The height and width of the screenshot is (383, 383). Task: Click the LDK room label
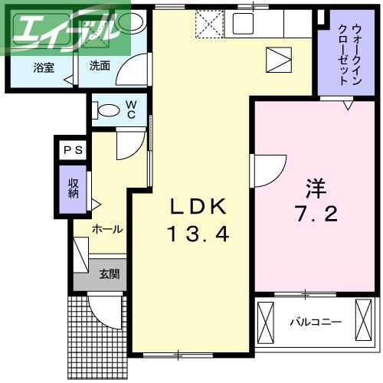(198, 206)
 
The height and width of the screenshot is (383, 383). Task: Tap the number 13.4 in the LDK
(198, 233)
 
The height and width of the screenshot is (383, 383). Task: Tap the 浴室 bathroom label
(43, 67)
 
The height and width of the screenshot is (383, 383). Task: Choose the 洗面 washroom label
(100, 66)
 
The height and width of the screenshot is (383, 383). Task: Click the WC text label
(131, 110)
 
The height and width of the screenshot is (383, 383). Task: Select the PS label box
(74, 150)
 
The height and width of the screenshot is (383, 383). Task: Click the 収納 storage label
(74, 188)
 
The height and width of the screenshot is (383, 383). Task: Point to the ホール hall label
(107, 229)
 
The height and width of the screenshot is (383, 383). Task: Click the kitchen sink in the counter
(256, 22)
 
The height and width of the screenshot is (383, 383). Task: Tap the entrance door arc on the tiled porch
(104, 310)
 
